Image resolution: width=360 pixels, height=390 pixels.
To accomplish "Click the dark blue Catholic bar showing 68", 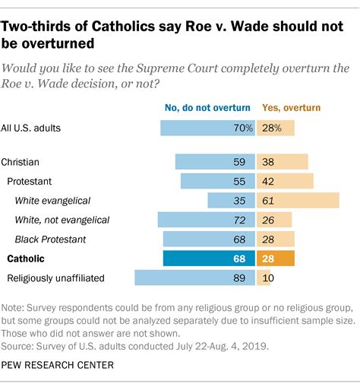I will (x=209, y=258).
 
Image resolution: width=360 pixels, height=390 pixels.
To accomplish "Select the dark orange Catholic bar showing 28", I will (x=276, y=258).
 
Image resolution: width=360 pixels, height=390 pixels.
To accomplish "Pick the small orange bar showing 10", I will (x=264, y=278).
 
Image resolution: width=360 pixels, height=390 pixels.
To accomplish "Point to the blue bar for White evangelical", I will (x=231, y=201).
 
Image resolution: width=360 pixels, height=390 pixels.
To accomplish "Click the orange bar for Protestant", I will (x=286, y=181).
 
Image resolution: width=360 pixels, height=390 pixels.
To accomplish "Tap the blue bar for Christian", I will (x=215, y=162).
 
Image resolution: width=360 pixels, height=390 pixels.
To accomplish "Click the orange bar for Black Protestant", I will (x=276, y=239).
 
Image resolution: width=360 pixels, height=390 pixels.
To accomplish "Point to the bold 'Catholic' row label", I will (x=25, y=258).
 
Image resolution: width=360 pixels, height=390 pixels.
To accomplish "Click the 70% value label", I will (x=243, y=128).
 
